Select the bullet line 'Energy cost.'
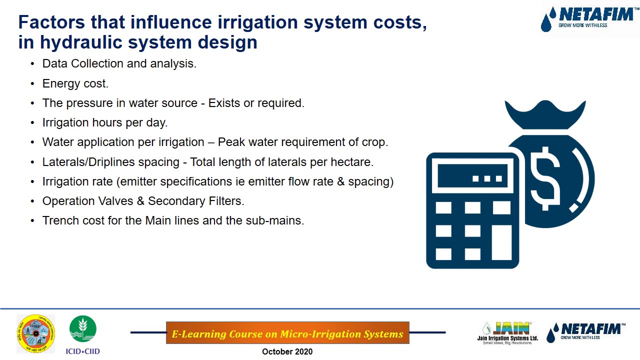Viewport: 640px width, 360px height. coord(75,83)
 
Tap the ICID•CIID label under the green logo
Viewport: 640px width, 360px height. coord(83,351)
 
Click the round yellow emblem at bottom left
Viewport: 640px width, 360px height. coord(36,333)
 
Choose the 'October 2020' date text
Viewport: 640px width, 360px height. coord(287,352)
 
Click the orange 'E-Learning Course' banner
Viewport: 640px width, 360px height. coord(287,333)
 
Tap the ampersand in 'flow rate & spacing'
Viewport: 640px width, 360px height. coord(341,181)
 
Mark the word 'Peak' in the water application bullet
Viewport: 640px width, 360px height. coord(231,142)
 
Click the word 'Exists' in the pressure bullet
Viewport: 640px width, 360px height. coord(224,103)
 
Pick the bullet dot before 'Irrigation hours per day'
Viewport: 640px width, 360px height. coord(32,122)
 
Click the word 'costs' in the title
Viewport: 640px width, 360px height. coord(399,22)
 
